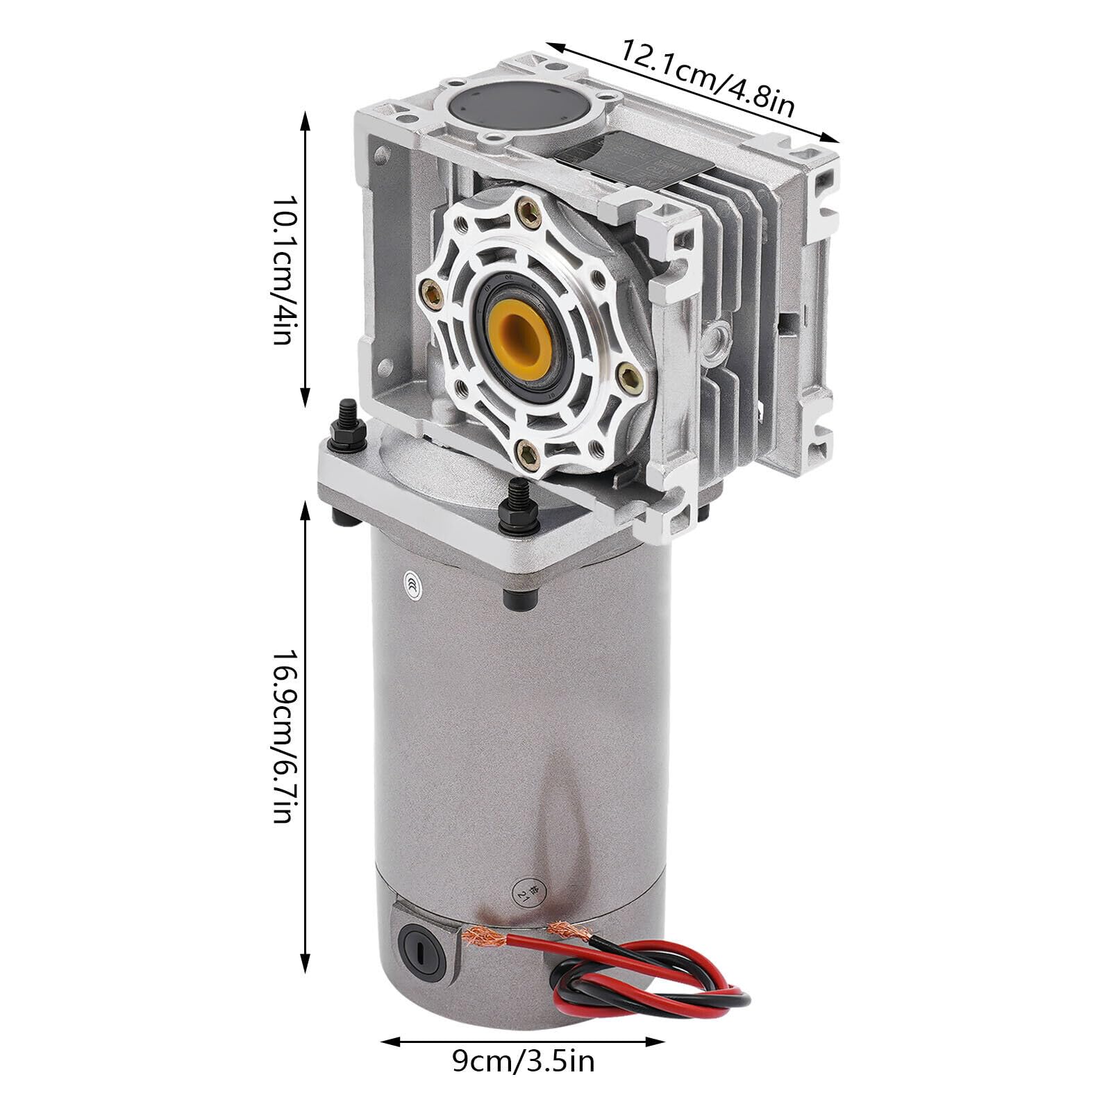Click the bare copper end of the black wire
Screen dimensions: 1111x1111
click(x=564, y=929)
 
